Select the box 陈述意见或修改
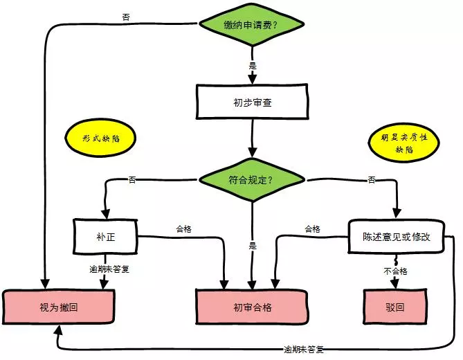pos(397,236)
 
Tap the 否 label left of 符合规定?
pos(131,180)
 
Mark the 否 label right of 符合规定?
pos(372,180)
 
